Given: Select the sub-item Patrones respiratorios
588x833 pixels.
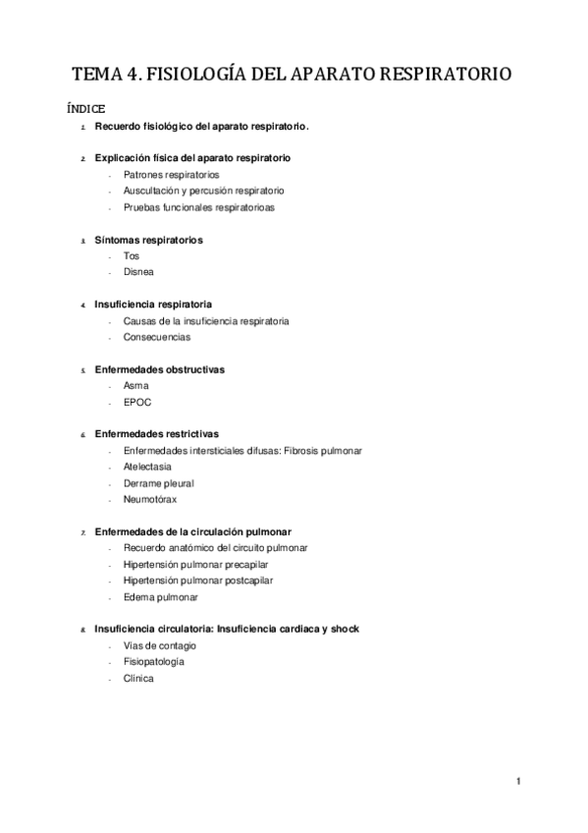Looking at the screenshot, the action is point(171,174).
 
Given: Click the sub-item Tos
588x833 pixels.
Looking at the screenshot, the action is point(132,255).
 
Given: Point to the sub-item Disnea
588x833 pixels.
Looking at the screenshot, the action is point(138,271).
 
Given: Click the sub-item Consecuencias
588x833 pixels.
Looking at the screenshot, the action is point(157,337).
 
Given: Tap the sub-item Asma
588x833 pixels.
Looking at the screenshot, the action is point(136,386).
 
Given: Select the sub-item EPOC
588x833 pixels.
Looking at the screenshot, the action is point(137,402).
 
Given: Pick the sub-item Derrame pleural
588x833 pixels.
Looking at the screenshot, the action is point(159,483).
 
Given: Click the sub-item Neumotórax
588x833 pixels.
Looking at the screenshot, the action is point(150,499).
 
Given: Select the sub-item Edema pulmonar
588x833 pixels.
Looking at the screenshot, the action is point(161,597).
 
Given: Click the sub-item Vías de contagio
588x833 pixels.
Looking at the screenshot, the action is point(160,645).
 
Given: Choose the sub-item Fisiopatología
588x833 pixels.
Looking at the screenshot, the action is point(154,662).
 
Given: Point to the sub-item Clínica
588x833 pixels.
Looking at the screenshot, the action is point(138,679).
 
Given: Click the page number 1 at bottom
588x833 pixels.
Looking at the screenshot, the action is point(517,781).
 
